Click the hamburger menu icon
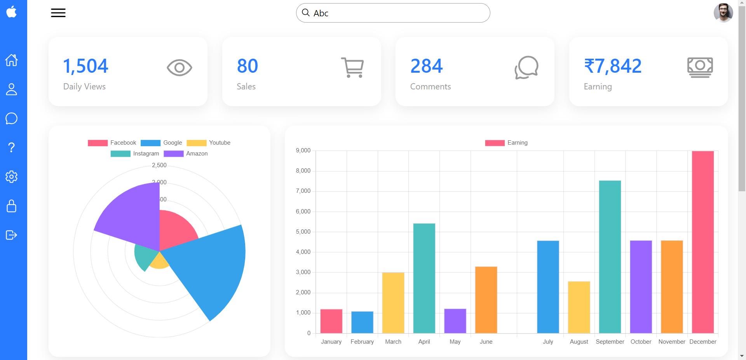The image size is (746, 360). pos(58,13)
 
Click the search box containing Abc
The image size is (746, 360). pos(393,13)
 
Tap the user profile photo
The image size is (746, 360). pos(723,12)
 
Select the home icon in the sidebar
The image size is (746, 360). pos(12,60)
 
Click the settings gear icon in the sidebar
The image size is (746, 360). pos(12,177)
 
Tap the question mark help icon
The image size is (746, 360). pos(12,147)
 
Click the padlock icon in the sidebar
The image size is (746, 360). pos(12,206)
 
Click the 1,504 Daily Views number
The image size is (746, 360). pos(85,66)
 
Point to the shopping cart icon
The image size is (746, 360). pos(352,68)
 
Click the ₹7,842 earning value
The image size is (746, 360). pos(613,66)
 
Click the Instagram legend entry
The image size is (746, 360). pos(135,154)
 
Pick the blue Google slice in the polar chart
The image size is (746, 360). pos(210,268)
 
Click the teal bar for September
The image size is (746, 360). pos(610,257)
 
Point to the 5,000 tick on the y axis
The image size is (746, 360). pos(303,232)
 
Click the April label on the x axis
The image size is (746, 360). pos(424,342)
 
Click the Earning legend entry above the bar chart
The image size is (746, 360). pos(506,143)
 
